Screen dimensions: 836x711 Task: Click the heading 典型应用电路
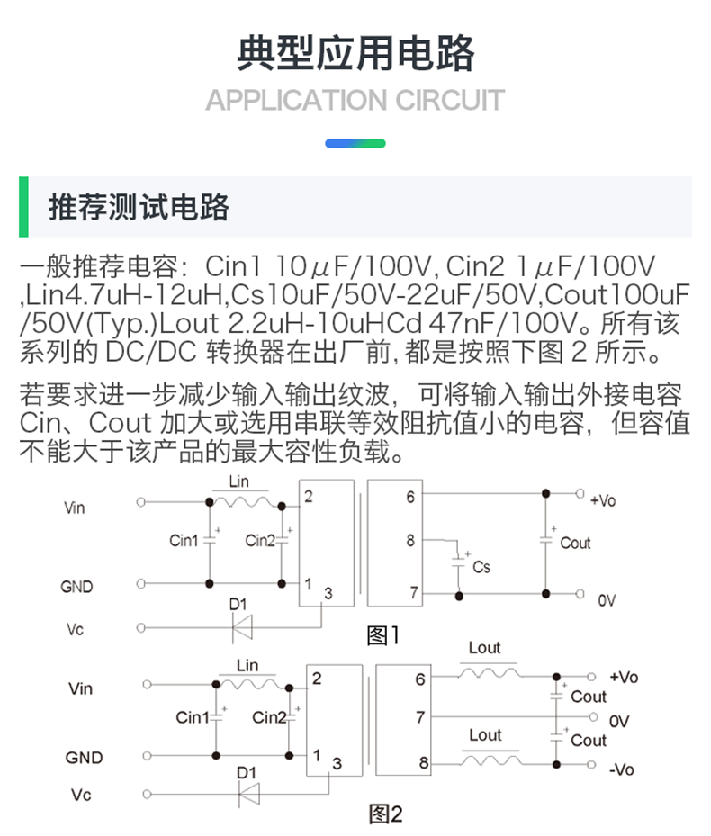[355, 54]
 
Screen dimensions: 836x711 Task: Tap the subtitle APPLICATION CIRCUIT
[355, 100]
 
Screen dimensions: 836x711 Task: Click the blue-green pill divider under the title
[355, 143]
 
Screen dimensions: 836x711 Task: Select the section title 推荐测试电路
[139, 207]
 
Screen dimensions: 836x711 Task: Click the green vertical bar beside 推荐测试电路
[23, 207]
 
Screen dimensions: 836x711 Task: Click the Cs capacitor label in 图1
[481, 567]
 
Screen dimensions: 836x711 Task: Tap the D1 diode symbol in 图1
[242, 628]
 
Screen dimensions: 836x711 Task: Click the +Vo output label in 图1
[602, 500]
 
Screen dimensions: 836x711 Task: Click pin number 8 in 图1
[410, 541]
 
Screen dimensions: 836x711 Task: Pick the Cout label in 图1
[575, 543]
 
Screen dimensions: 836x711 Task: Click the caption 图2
[386, 814]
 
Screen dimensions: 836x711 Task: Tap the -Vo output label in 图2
[621, 769]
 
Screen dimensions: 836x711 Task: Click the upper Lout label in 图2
[485, 648]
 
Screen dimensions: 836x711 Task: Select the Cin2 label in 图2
[269, 717]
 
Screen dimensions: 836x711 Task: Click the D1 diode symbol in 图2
[247, 793]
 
